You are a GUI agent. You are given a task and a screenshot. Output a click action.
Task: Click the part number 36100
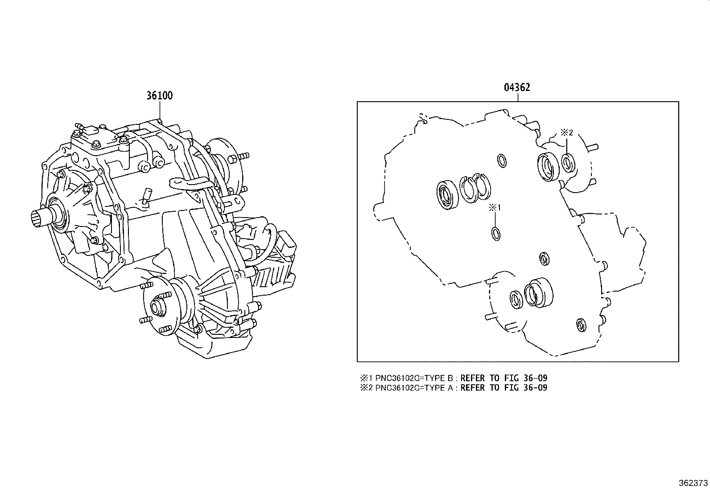(x=159, y=95)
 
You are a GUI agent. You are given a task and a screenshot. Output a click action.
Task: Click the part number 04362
(x=517, y=87)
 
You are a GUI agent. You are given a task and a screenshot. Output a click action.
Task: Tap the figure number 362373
(x=693, y=482)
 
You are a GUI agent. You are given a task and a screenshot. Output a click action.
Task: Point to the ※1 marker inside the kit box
(x=495, y=207)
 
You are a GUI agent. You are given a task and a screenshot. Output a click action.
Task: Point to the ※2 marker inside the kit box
(x=566, y=132)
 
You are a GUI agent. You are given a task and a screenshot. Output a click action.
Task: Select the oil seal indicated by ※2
(x=568, y=162)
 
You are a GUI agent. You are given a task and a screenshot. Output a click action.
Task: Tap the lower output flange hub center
(x=157, y=307)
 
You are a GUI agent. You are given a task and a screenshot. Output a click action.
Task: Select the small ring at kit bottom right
(x=581, y=325)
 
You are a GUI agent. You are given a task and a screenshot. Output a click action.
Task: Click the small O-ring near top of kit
(x=501, y=161)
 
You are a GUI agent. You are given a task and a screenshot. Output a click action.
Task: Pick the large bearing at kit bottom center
(x=538, y=292)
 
